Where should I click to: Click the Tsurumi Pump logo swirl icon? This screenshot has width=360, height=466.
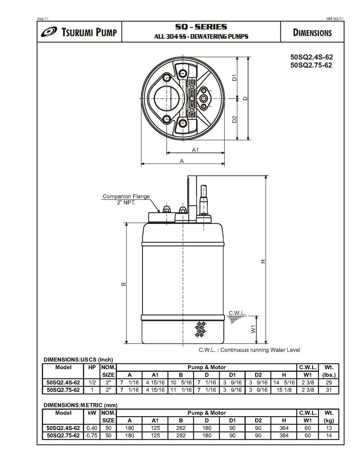pyautogui.click(x=49, y=32)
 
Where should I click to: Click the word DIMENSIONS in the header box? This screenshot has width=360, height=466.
pyautogui.click(x=312, y=33)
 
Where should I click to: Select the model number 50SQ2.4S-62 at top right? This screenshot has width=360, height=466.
pyautogui.click(x=311, y=57)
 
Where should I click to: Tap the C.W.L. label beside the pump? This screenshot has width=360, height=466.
pyautogui.click(x=237, y=313)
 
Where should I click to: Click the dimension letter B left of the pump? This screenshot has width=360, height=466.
pyautogui.click(x=123, y=284)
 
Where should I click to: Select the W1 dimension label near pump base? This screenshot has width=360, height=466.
pyautogui.click(x=253, y=328)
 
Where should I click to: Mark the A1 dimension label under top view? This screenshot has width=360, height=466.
pyautogui.click(x=195, y=150)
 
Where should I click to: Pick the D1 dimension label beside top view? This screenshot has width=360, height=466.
pyautogui.click(x=234, y=77)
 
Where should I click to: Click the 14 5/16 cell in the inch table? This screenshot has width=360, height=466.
pyautogui.click(x=284, y=382)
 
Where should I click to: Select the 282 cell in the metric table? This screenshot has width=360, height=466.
pyautogui.click(x=181, y=435)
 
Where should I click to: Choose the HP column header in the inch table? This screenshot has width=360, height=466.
pyautogui.click(x=92, y=368)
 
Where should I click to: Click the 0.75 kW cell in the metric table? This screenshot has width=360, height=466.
pyautogui.click(x=92, y=435)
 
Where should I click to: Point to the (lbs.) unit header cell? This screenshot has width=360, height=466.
pyautogui.click(x=329, y=375)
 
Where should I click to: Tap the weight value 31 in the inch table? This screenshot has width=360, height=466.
pyautogui.click(x=329, y=390)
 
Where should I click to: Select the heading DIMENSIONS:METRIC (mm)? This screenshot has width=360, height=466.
pyautogui.click(x=80, y=405)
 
